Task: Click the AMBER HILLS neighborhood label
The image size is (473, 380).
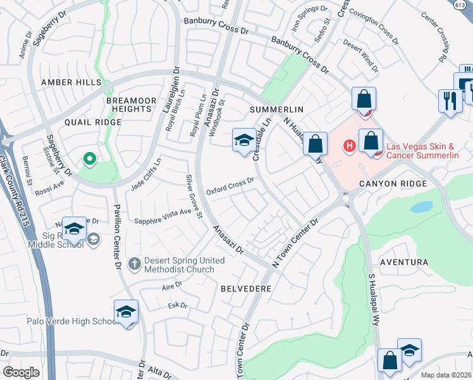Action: pyautogui.click(x=71, y=83)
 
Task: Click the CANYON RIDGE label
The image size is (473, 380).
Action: pyautogui.click(x=394, y=184)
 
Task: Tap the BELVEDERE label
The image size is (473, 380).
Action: pyautogui.click(x=246, y=288)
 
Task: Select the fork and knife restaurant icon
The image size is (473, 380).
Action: pyautogui.click(x=450, y=101)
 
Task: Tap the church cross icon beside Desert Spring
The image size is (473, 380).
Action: pyautogui.click(x=133, y=262)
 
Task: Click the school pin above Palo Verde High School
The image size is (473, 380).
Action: pyautogui.click(x=126, y=312)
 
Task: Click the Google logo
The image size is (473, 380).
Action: pyautogui.click(x=21, y=372)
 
